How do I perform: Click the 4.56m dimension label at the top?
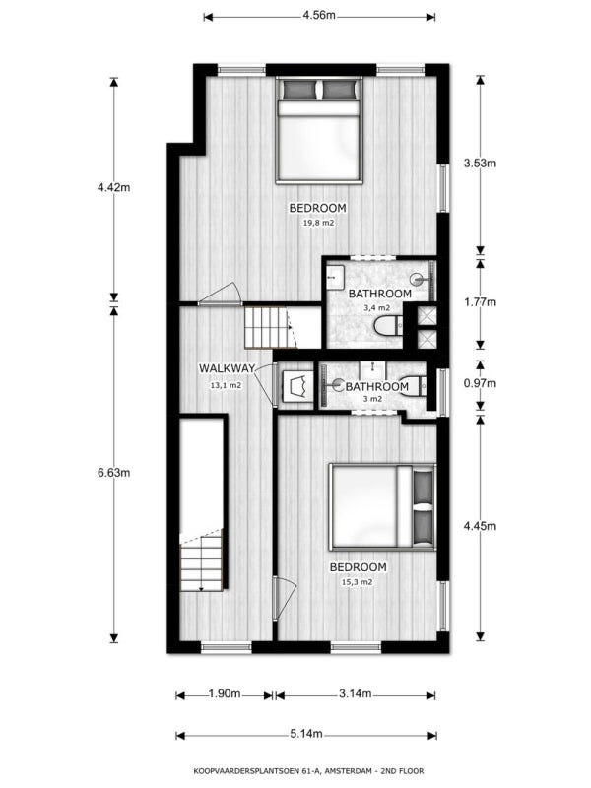[x=318, y=15]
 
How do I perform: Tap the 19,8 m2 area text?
[x=318, y=222]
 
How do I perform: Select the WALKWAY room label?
[x=228, y=367]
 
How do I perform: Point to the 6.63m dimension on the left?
[x=113, y=473]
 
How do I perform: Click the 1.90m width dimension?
[x=225, y=694]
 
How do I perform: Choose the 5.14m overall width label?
[x=306, y=734]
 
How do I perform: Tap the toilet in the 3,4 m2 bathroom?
[x=388, y=326]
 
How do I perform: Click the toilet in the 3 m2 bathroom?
[x=414, y=386]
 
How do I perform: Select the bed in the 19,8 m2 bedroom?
[x=319, y=130]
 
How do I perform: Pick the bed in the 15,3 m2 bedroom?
[x=382, y=506]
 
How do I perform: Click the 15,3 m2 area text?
[x=358, y=582]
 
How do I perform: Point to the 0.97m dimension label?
[x=480, y=383]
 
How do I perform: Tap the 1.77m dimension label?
[x=480, y=302]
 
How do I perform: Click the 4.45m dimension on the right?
[x=480, y=526]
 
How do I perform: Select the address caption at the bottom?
[x=308, y=770]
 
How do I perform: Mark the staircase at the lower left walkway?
[x=202, y=559]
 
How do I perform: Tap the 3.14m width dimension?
[x=356, y=694]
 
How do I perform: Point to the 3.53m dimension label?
[x=480, y=163]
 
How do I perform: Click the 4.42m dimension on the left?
[x=113, y=187]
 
